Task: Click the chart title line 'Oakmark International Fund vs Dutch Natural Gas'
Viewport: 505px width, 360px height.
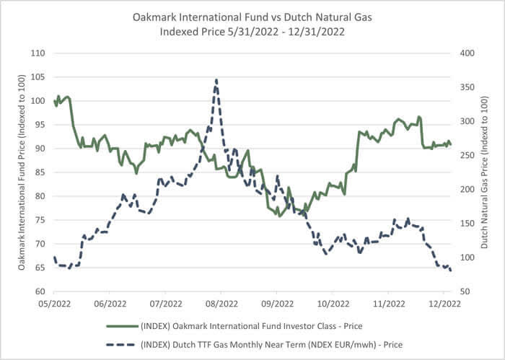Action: [x=252, y=17]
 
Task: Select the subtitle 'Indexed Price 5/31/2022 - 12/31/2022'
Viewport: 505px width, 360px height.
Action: [x=252, y=32]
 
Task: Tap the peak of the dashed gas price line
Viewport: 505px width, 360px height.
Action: [x=216, y=80]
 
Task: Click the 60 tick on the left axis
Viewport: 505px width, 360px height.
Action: [x=40, y=291]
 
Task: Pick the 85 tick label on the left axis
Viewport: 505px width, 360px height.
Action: [x=40, y=172]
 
